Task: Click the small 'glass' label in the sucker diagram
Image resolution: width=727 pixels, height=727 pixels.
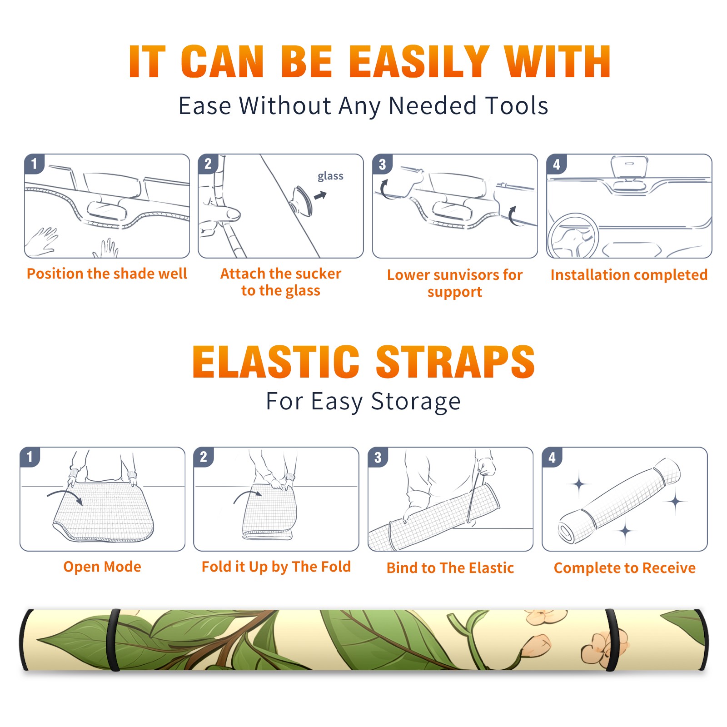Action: pyautogui.click(x=330, y=176)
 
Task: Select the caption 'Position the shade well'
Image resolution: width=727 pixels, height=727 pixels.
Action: pyautogui.click(x=107, y=274)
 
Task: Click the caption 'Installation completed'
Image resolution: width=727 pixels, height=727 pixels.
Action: pyautogui.click(x=629, y=274)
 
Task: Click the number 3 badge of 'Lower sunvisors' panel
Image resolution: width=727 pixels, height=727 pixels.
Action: pyautogui.click(x=382, y=164)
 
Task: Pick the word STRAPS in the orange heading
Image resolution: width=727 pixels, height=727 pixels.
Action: pyautogui.click(x=455, y=362)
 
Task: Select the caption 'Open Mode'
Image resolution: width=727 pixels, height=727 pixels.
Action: pyautogui.click(x=102, y=567)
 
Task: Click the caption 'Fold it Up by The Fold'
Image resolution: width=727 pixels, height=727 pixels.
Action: pyautogui.click(x=276, y=567)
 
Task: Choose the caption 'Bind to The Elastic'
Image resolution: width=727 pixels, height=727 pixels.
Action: pyautogui.click(x=450, y=568)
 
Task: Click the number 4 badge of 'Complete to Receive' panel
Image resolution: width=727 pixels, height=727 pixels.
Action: pyautogui.click(x=552, y=457)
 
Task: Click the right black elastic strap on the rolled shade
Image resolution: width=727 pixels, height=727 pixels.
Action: pyautogui.click(x=612, y=640)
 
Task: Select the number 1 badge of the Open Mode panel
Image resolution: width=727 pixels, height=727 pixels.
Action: pyautogui.click(x=30, y=457)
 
